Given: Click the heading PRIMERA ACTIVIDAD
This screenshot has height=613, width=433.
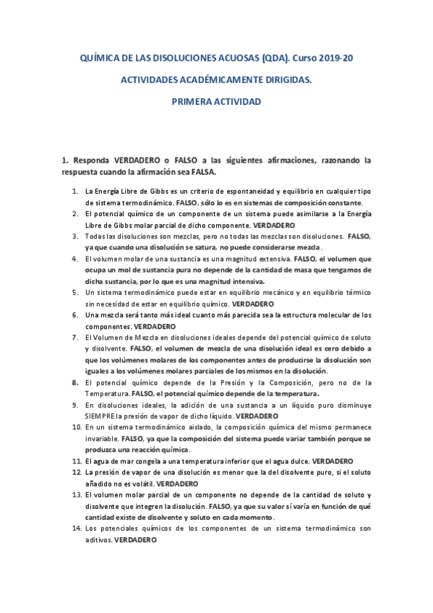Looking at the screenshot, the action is pos(216,103).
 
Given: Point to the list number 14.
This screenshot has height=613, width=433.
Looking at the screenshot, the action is pos(77,529).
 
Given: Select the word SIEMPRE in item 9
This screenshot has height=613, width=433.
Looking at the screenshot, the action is pos(100,416).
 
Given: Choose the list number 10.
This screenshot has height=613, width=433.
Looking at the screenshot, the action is pos(77,428).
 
